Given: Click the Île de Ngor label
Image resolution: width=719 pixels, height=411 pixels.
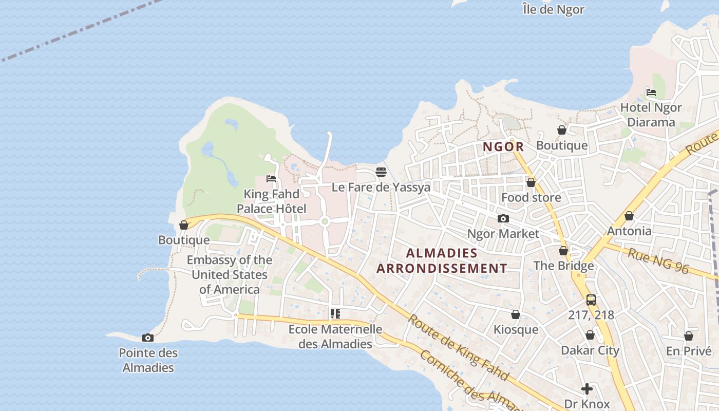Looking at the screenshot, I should pyautogui.click(x=553, y=9).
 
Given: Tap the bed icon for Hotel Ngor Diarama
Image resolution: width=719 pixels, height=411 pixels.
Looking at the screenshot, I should pyautogui.click(x=651, y=92).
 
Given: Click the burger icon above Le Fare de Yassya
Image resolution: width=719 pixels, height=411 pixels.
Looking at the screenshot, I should pyautogui.click(x=381, y=172).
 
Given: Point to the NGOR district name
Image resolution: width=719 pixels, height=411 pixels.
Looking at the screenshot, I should pyautogui.click(x=503, y=147).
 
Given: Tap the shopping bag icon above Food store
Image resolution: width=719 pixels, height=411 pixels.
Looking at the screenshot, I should pyautogui.click(x=531, y=182).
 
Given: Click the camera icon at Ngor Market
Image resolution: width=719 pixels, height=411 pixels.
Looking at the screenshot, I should pyautogui.click(x=503, y=219).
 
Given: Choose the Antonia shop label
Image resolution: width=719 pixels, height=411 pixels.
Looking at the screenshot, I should pyautogui.click(x=629, y=231).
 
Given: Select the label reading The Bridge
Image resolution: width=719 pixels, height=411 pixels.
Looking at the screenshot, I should pyautogui.click(x=563, y=266).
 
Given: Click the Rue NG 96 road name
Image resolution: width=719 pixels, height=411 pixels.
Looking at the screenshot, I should pyautogui.click(x=658, y=261).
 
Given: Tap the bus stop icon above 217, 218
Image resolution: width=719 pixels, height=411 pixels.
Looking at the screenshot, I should pyautogui.click(x=591, y=300).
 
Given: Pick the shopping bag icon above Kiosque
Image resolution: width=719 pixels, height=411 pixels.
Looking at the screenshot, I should pyautogui.click(x=516, y=314).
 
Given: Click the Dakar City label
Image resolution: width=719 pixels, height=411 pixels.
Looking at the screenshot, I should pyautogui.click(x=590, y=350).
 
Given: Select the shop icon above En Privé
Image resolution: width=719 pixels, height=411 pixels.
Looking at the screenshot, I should pyautogui.click(x=689, y=336).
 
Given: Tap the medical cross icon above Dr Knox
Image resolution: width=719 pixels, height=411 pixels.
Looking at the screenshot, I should pyautogui.click(x=587, y=389).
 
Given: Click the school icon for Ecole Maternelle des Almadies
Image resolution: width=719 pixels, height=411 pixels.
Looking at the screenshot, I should pyautogui.click(x=335, y=313).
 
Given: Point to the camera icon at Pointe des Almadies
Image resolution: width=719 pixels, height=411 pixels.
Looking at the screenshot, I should pyautogui.click(x=148, y=338).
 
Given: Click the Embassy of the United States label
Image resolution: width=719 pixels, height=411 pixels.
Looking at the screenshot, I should pyautogui.click(x=230, y=275).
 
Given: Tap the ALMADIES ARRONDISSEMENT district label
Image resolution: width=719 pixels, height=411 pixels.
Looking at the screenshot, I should pyautogui.click(x=442, y=260).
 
